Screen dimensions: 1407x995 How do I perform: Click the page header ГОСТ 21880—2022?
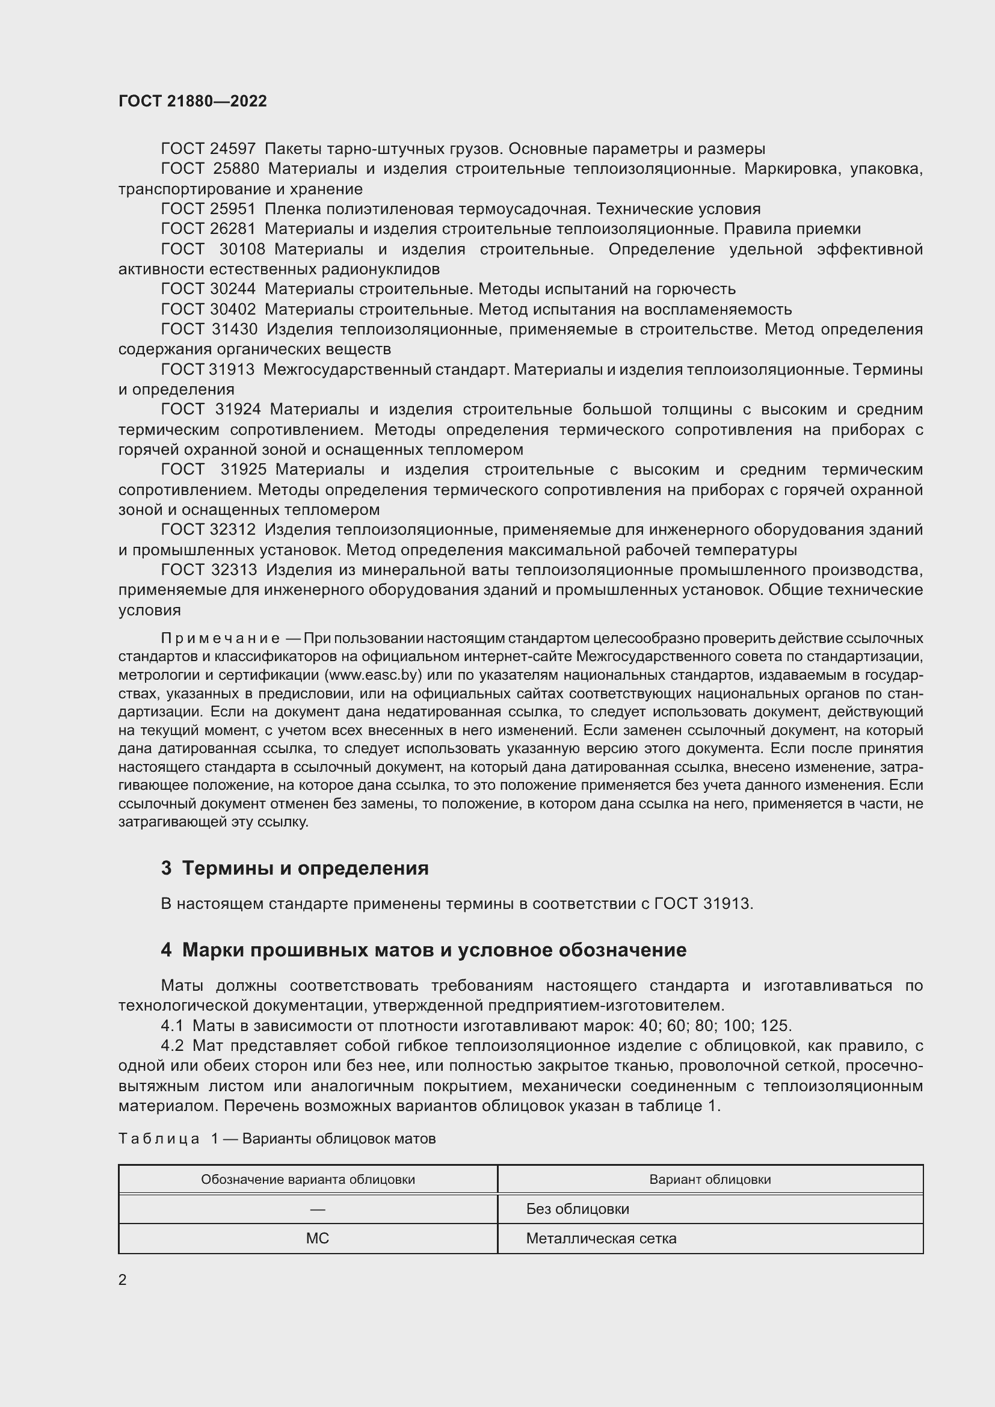click(193, 101)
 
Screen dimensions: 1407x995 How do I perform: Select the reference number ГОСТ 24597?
click(208, 149)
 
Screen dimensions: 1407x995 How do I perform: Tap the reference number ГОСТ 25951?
click(208, 209)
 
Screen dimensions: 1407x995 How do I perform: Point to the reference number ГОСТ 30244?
click(208, 289)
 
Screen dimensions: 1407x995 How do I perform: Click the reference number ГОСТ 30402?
click(208, 309)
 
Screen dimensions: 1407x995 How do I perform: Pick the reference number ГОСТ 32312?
click(208, 529)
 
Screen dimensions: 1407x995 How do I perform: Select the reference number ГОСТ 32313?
click(208, 570)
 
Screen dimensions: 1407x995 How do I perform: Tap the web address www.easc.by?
click(373, 676)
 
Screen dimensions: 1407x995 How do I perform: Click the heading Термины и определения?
click(304, 869)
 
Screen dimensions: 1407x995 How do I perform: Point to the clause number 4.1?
click(171, 1026)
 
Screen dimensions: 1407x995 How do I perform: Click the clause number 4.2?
click(171, 1046)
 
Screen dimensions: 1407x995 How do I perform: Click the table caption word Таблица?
click(159, 1139)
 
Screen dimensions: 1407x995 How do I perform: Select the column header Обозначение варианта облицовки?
click(307, 1180)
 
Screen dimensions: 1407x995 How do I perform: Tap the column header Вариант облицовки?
click(709, 1180)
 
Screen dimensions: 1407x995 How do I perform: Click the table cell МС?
click(318, 1239)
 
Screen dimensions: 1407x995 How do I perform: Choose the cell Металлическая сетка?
click(601, 1239)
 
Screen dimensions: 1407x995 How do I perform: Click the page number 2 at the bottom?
click(123, 1280)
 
